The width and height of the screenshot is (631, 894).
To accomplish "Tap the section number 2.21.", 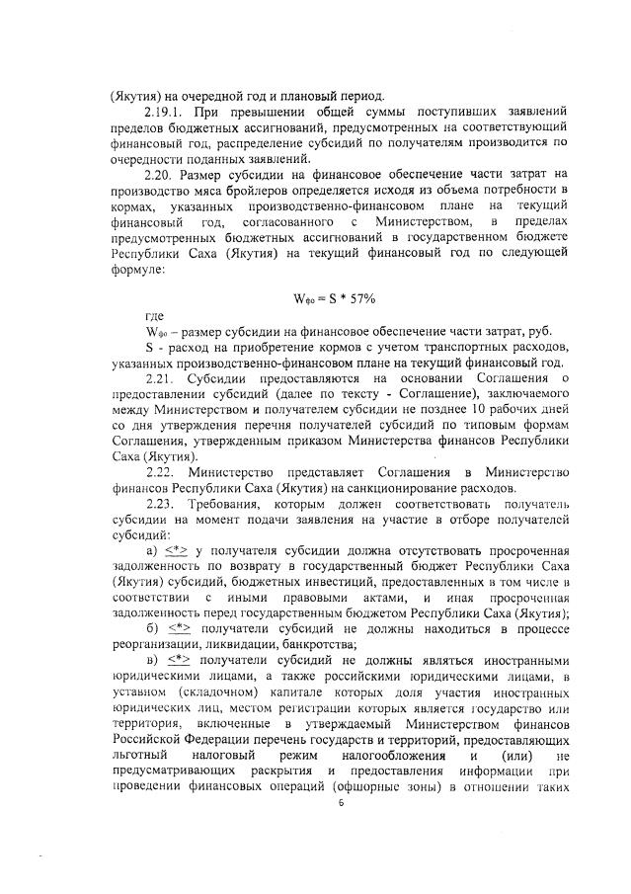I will click(158, 377).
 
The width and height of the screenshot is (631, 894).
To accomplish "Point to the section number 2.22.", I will click(158, 473).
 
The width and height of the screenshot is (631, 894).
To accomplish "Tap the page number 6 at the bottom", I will click(339, 832).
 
